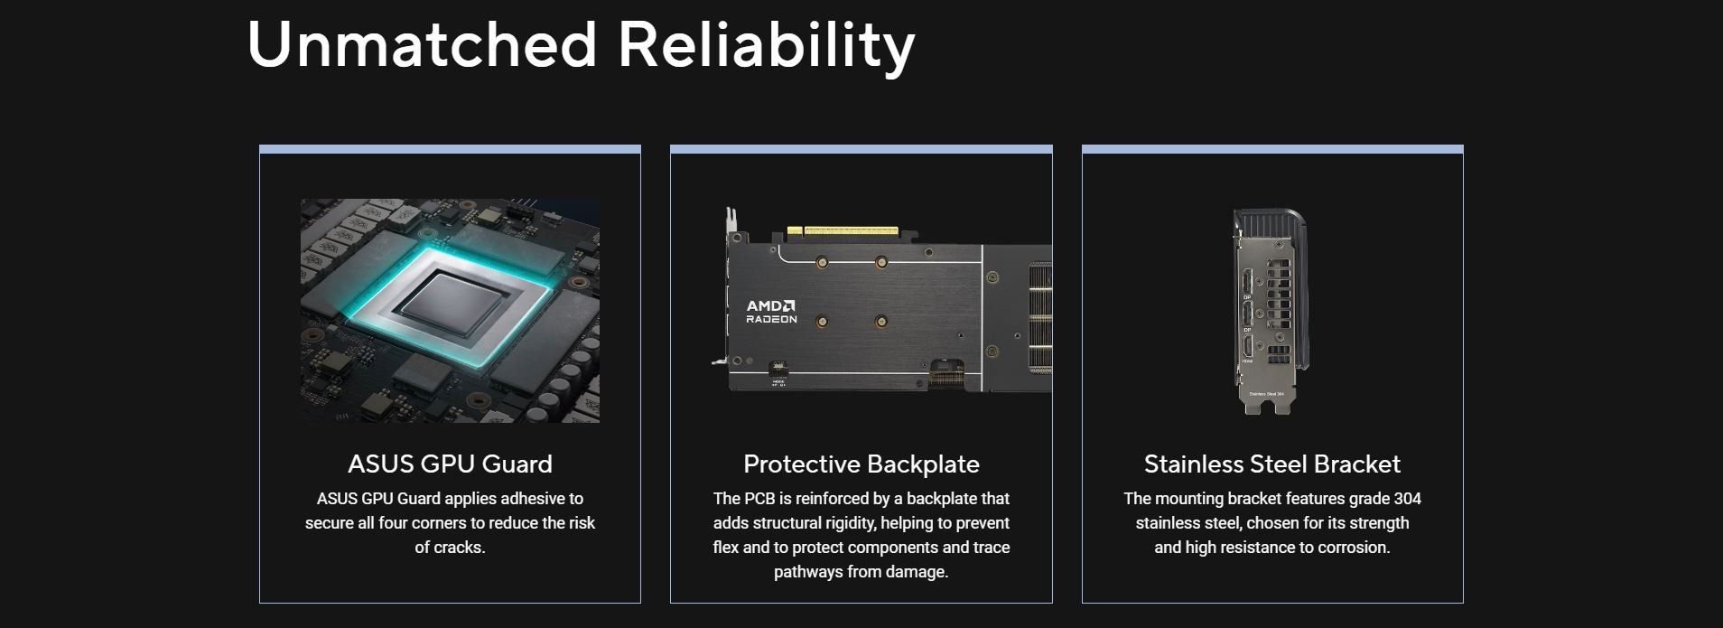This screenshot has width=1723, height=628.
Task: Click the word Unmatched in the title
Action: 422,43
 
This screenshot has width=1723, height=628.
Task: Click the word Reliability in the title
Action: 767,47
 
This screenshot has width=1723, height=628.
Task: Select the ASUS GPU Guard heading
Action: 450,464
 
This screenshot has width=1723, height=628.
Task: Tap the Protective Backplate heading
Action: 861,464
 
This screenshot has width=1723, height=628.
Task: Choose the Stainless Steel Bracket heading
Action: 1272,464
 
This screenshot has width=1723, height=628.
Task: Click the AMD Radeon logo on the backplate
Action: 771,312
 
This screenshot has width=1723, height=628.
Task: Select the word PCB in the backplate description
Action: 759,499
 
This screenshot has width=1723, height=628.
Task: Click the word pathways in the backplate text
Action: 809,572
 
